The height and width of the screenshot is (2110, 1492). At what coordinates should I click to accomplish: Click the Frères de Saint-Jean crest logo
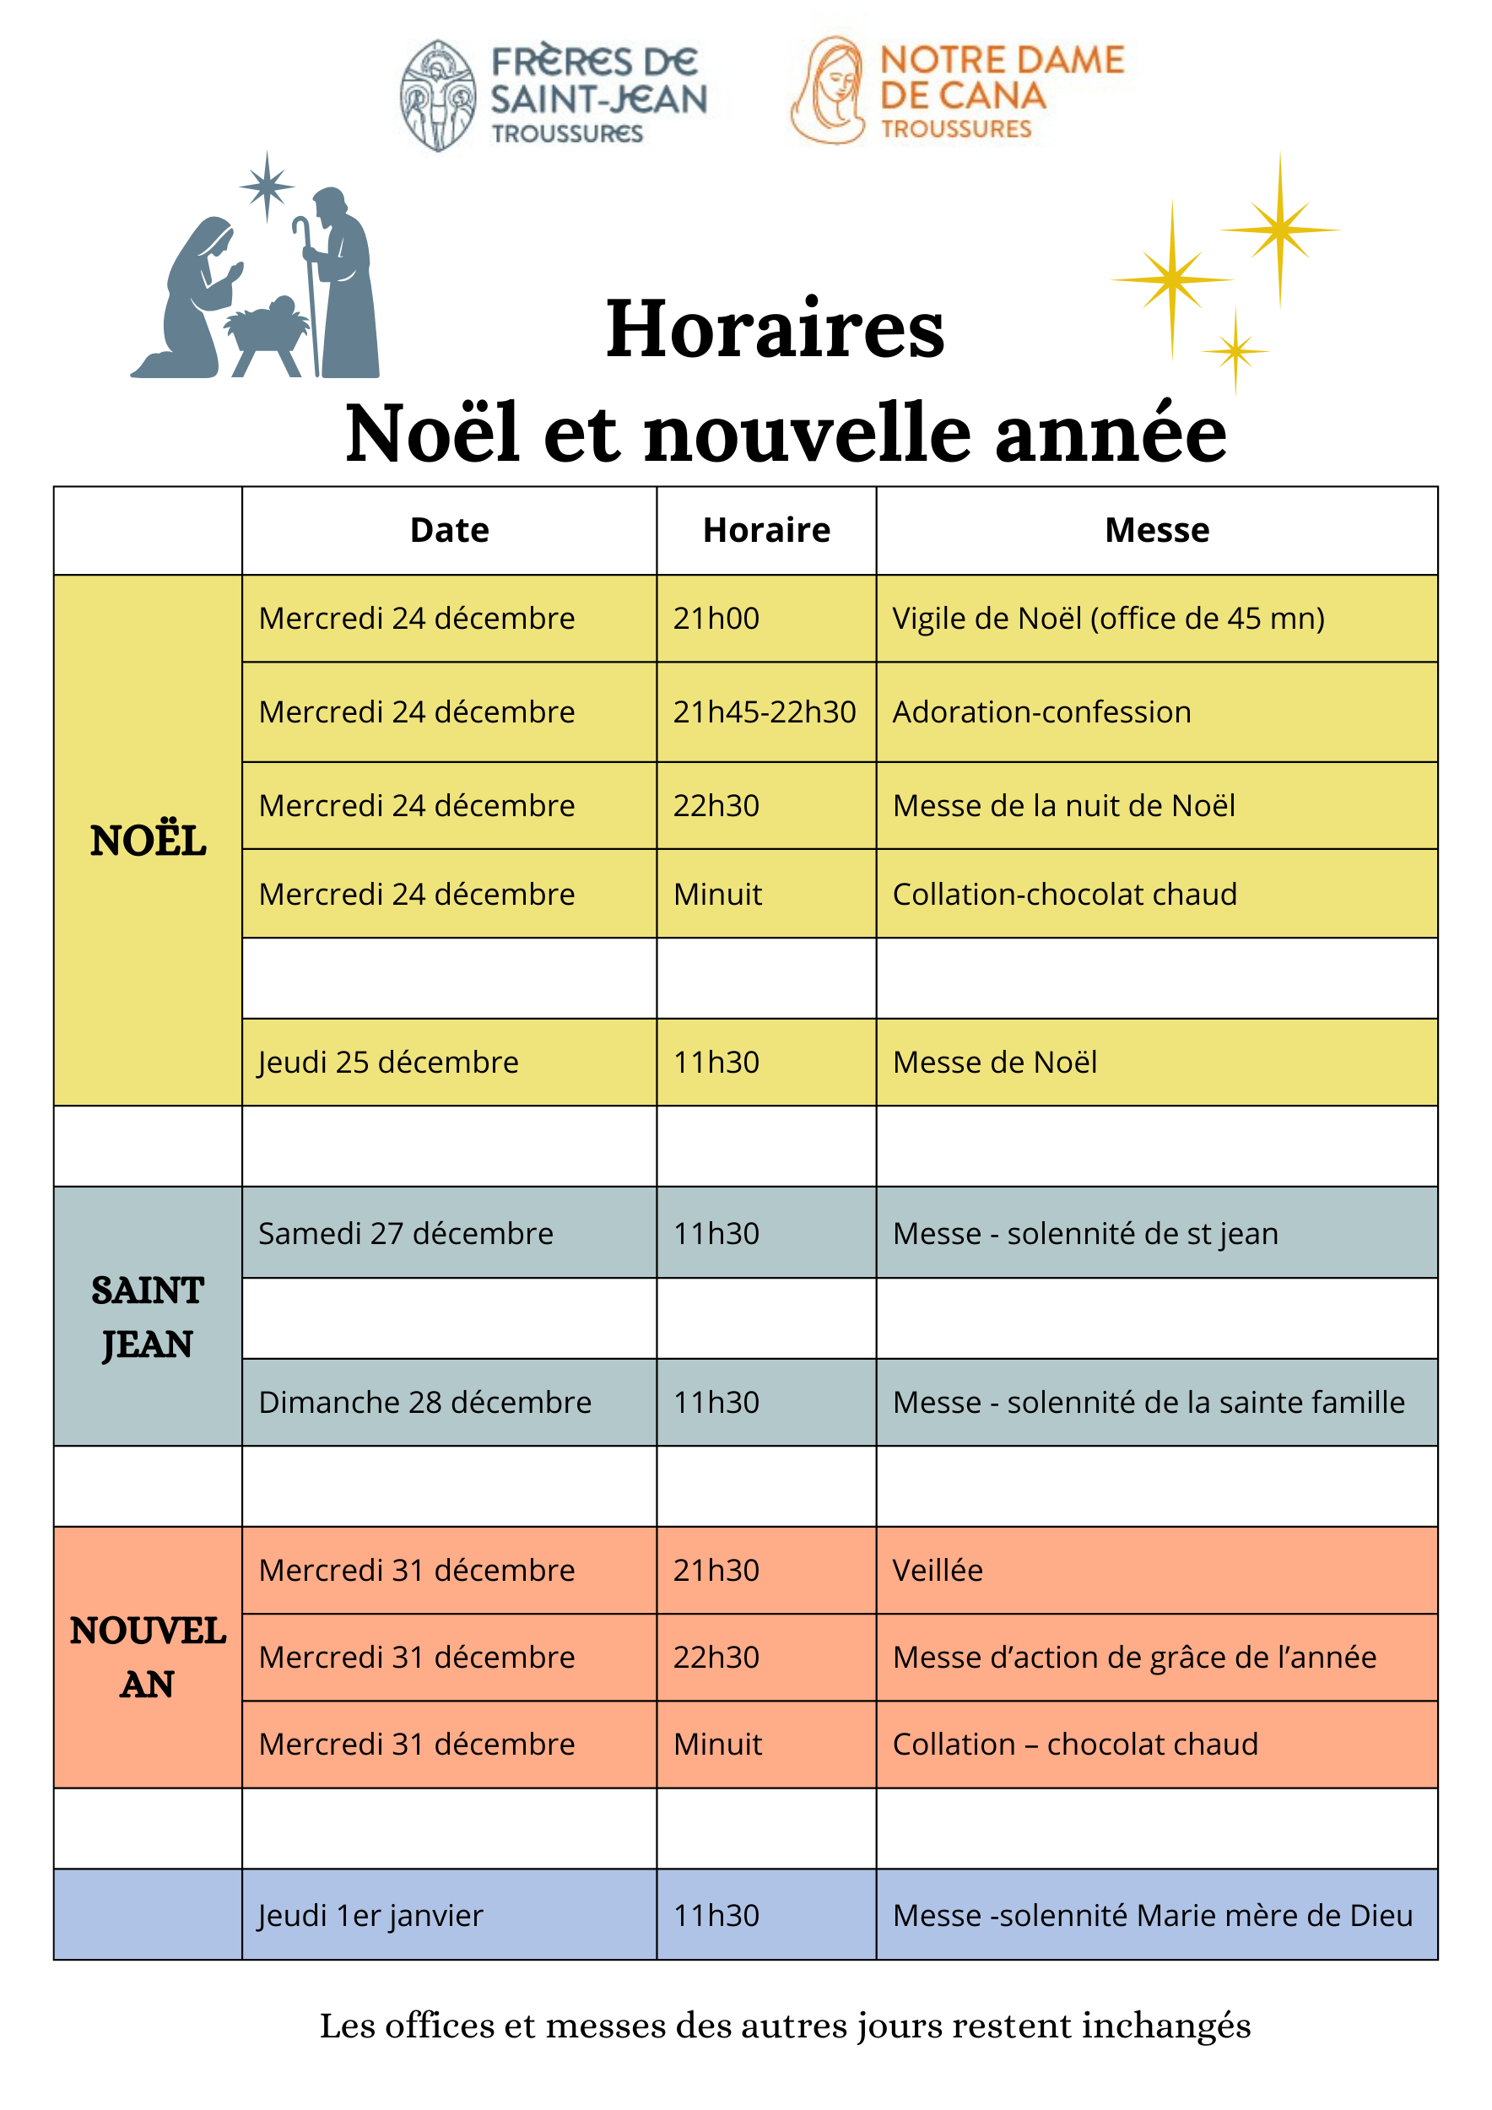coord(438,95)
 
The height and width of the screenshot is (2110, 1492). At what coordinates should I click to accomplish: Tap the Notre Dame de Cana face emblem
coord(829,91)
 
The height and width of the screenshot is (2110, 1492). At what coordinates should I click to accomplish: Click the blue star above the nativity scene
coord(267,186)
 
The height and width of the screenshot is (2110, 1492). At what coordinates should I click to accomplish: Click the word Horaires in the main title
coord(775,328)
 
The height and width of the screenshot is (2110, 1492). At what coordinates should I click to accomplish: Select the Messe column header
coord(1156,530)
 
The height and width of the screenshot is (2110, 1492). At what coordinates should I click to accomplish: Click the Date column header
coord(449,530)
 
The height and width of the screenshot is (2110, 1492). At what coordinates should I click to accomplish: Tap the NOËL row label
coord(148,840)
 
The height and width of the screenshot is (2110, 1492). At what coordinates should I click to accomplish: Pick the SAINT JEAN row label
coord(147,1316)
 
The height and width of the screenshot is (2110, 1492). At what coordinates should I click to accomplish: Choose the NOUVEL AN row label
coord(147,1657)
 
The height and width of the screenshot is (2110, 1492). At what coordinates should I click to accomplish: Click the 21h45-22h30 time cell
coord(765,711)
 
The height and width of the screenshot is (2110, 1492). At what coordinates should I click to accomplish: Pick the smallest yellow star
coord(1235,351)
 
